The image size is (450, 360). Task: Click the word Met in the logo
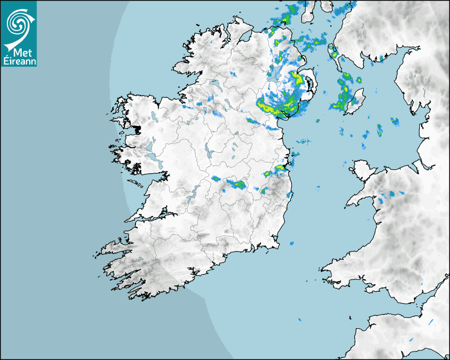click(x=20, y=52)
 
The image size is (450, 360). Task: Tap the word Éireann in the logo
click(x=19, y=60)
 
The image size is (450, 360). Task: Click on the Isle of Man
click(x=356, y=101)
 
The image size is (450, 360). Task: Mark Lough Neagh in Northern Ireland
click(x=275, y=74)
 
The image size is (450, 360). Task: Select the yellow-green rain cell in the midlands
click(x=236, y=184)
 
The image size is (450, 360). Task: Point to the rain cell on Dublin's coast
click(x=279, y=169)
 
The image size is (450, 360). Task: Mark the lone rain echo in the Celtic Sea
click(x=299, y=320)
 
